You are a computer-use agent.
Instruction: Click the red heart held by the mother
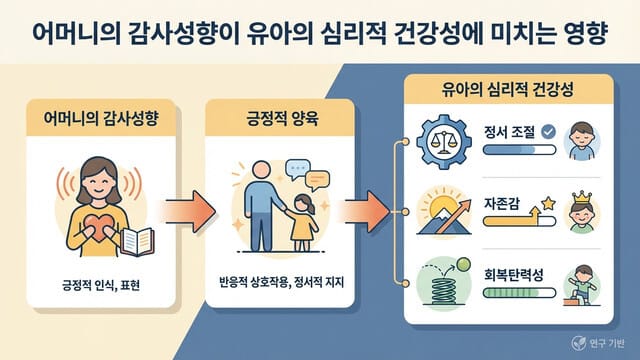[87, 216]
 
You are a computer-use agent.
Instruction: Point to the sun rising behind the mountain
[441, 208]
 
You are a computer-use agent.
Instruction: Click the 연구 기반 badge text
[603, 338]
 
